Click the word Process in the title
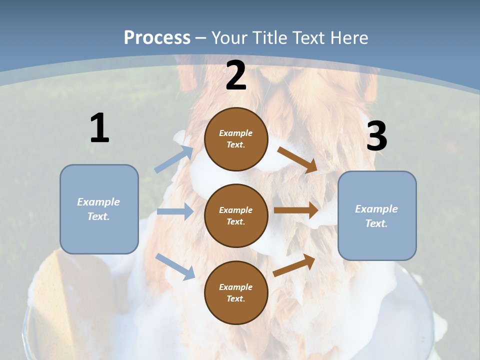tap(157, 37)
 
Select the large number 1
tap(99, 128)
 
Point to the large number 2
tap(235, 75)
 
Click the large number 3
tap(376, 136)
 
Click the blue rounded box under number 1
tap(99, 209)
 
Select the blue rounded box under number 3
tap(377, 215)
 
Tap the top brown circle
tap(236, 139)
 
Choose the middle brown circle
tap(236, 215)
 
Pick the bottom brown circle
tap(236, 292)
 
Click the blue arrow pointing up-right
tap(174, 159)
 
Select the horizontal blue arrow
tap(175, 211)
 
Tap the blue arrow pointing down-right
tap(175, 266)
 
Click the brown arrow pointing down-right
tap(297, 160)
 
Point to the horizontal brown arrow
tap(296, 210)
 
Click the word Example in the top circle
tap(236, 133)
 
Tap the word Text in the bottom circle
tap(235, 298)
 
